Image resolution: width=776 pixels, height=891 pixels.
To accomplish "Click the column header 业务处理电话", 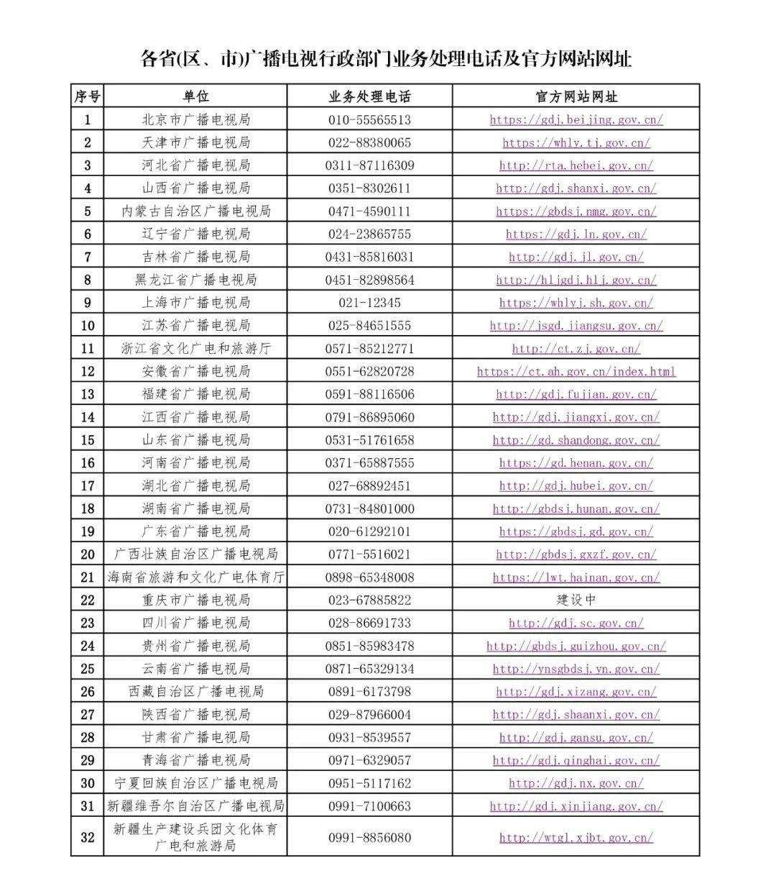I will [x=369, y=96].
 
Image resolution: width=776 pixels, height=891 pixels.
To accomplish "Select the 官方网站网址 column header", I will [x=576, y=96].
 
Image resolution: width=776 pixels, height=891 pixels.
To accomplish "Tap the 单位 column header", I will [x=195, y=96].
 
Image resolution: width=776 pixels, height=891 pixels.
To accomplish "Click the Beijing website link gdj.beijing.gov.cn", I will [x=576, y=119].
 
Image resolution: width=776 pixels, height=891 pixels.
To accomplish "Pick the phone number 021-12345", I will [x=369, y=303].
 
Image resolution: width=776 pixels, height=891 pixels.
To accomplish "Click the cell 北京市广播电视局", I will [x=195, y=119].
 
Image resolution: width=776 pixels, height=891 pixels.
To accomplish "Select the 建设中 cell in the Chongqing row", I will [x=576, y=600].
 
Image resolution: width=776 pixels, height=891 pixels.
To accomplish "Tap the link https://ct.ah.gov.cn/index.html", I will [x=576, y=372].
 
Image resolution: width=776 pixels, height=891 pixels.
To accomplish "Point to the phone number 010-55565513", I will [x=369, y=119].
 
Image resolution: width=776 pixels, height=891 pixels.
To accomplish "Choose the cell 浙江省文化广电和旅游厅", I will [x=195, y=349].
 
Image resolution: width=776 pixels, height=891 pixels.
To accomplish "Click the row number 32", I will [x=88, y=837].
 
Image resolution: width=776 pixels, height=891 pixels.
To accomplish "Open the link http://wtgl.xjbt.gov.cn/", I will [x=576, y=838].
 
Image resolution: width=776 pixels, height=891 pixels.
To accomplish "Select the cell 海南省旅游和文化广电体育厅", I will [x=195, y=577].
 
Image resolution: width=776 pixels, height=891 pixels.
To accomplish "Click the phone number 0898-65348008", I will [x=369, y=577].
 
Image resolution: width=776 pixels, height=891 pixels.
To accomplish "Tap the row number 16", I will [x=88, y=463].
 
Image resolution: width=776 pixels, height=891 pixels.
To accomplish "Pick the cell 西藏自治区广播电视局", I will [x=195, y=692].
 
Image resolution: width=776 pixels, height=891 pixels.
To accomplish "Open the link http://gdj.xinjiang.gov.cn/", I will [x=576, y=806].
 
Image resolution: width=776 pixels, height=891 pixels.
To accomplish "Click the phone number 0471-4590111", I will [x=369, y=211].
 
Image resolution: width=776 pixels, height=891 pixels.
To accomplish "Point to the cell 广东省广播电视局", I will [x=195, y=531].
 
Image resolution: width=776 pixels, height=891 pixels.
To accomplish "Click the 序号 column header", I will [x=88, y=96].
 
